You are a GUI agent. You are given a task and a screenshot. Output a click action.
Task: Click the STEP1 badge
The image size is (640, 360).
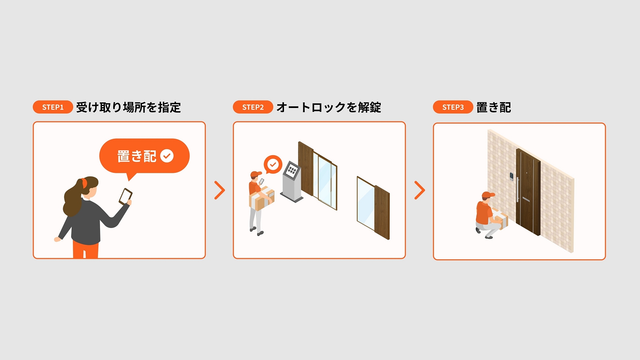[x=53, y=107]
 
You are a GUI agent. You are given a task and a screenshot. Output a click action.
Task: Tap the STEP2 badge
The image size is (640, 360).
[x=253, y=107]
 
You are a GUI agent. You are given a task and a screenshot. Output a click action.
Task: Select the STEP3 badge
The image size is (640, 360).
[x=453, y=107]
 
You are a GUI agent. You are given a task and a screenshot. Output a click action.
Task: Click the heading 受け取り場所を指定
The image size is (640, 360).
[x=128, y=107]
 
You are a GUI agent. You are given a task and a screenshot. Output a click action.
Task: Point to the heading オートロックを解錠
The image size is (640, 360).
[x=328, y=107]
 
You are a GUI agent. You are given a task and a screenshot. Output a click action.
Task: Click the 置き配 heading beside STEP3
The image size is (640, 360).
[x=494, y=107]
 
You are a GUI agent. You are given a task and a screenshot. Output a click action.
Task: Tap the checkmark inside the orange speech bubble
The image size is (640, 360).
[x=167, y=156]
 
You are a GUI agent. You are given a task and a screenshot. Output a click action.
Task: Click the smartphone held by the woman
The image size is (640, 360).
[x=125, y=196]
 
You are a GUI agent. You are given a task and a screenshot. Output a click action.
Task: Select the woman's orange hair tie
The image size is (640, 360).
[x=84, y=182]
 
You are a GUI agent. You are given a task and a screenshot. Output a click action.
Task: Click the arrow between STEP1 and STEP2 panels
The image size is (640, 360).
[x=220, y=190]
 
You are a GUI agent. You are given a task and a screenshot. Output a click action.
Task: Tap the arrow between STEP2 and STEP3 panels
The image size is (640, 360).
[x=419, y=190]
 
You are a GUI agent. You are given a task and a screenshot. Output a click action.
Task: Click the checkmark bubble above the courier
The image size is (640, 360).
[x=273, y=164]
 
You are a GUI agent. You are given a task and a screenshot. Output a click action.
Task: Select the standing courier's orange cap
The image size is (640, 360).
[x=255, y=174]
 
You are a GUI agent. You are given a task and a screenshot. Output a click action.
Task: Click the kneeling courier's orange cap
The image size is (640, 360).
[x=488, y=195]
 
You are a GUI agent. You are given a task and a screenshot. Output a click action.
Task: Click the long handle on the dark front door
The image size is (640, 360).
[x=518, y=190]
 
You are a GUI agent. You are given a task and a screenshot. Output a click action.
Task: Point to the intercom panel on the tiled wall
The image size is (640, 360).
[x=511, y=176]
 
